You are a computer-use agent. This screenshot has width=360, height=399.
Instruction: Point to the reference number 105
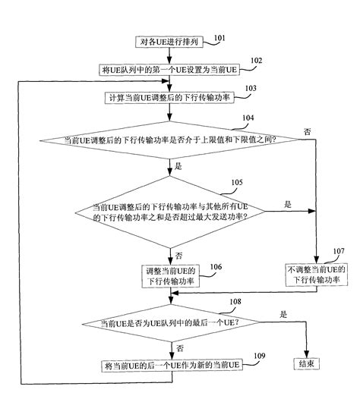coord(237,183)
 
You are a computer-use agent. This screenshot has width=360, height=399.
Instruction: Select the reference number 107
coord(338,251)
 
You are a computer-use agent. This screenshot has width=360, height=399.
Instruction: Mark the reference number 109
coord(259,356)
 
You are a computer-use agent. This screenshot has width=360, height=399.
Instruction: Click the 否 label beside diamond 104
coord(307,131)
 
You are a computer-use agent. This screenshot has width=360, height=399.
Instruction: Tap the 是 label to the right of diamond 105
coord(287,203)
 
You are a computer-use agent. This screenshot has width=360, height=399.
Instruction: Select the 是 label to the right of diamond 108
coord(284,313)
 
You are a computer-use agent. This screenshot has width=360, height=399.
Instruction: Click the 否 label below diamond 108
coord(180,347)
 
